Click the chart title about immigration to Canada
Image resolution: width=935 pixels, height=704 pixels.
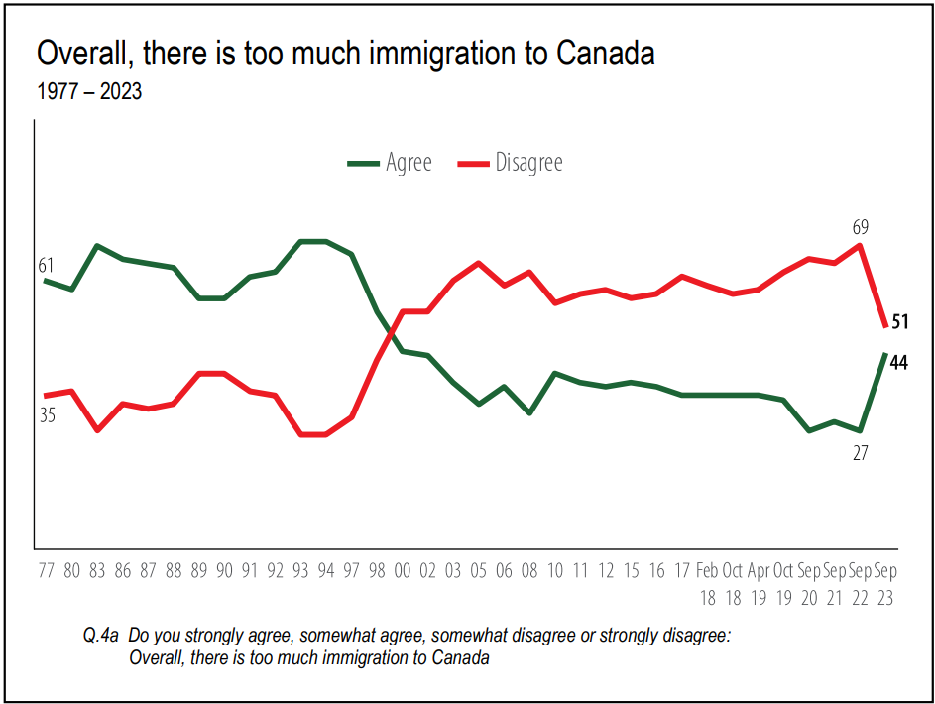(x=346, y=54)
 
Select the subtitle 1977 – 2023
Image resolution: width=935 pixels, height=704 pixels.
(x=89, y=92)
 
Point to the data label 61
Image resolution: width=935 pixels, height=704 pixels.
(x=47, y=265)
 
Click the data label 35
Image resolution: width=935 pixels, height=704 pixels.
(x=47, y=415)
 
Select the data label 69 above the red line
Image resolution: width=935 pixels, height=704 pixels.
(x=859, y=227)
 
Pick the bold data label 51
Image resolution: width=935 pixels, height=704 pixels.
(x=899, y=321)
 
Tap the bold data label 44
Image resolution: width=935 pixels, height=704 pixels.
(x=899, y=363)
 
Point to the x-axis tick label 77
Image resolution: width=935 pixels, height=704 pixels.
(x=47, y=572)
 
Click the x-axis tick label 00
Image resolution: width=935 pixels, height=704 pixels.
(x=403, y=572)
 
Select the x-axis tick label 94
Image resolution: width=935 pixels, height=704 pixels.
(x=326, y=572)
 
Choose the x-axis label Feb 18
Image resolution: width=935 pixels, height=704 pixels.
(x=707, y=585)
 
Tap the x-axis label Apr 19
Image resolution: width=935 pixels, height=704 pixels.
(x=759, y=585)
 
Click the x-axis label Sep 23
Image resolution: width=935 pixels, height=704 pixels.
(x=885, y=585)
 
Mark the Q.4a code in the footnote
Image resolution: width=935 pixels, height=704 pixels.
(x=102, y=636)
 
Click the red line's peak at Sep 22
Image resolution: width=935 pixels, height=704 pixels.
(x=860, y=245)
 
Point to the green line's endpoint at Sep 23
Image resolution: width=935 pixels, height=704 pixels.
(x=884, y=354)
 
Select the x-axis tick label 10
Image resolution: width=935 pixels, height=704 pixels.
(x=555, y=572)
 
